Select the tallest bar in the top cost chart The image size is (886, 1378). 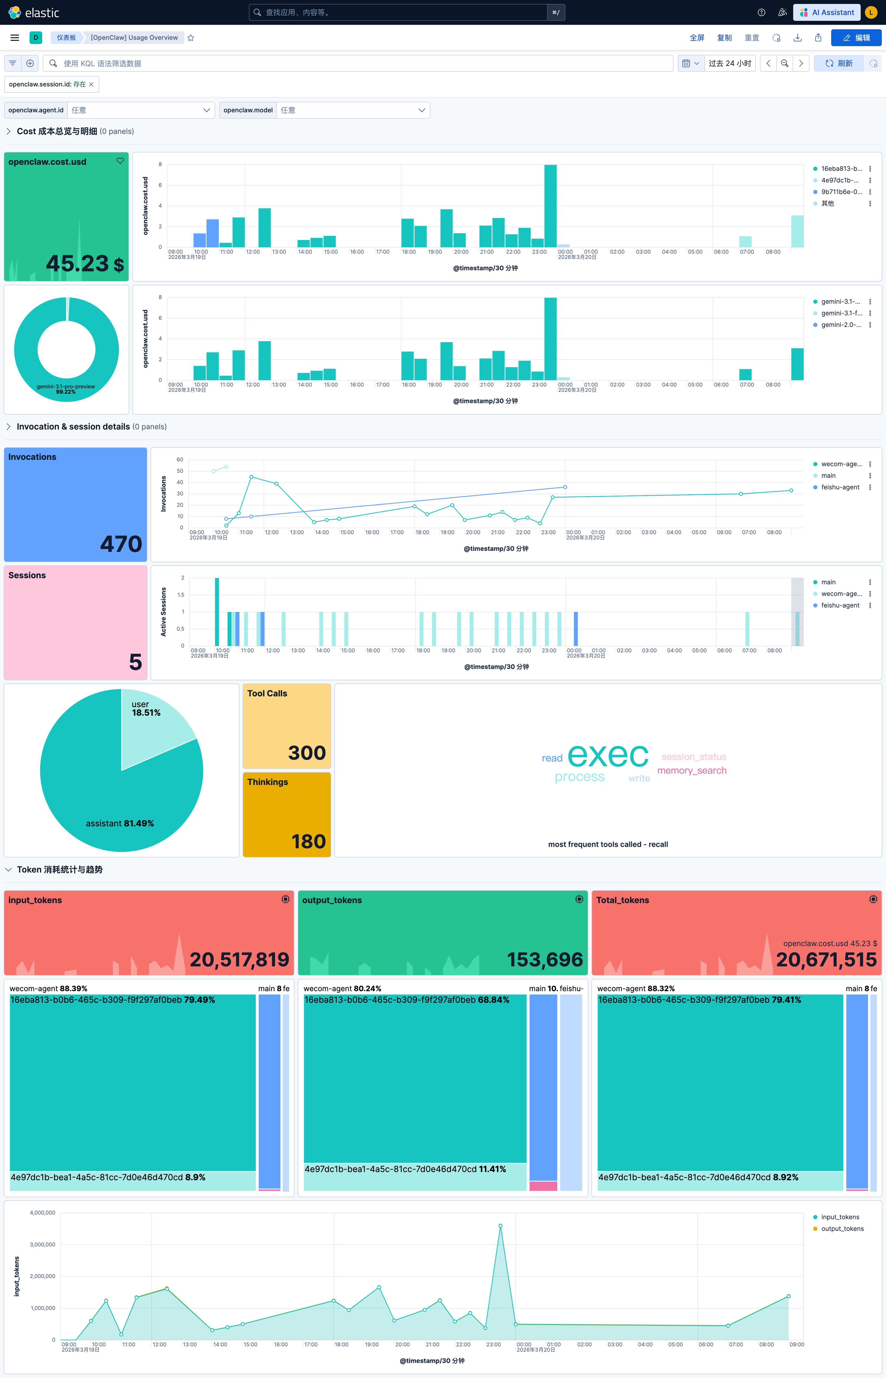[550, 206]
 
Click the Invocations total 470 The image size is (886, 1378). [121, 543]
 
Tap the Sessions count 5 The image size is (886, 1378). [135, 662]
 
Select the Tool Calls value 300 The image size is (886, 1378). [307, 752]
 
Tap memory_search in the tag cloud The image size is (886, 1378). [692, 771]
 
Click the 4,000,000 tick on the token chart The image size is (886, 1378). [42, 1212]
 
